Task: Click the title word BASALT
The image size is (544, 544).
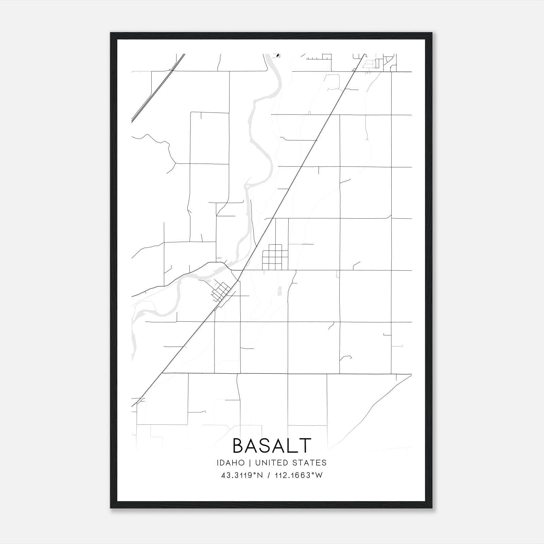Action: (x=272, y=445)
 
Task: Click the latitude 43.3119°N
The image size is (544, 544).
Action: (x=242, y=475)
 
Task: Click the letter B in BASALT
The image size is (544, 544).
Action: (x=239, y=445)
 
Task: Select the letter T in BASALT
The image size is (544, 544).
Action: (x=305, y=445)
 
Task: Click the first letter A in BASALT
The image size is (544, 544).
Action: (x=253, y=445)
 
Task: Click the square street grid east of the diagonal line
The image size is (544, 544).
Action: (x=275, y=257)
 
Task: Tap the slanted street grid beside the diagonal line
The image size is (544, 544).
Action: (x=221, y=292)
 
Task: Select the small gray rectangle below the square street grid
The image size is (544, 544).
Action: (x=280, y=291)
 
